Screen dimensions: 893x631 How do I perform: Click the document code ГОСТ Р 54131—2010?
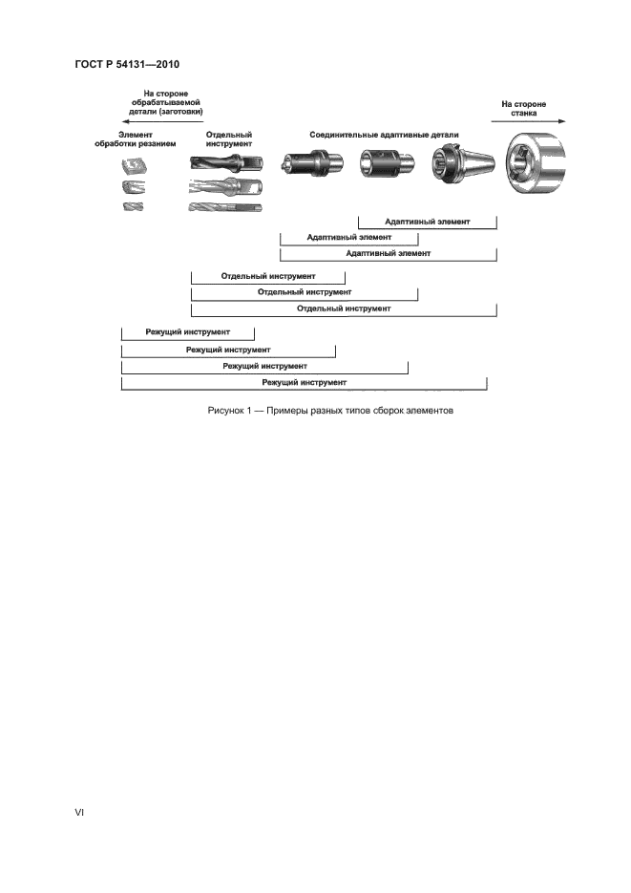pos(127,64)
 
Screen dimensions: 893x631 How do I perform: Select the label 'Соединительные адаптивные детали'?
pos(384,136)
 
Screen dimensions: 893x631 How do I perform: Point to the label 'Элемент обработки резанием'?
pos(135,139)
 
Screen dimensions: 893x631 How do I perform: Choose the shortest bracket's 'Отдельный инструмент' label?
pos(268,276)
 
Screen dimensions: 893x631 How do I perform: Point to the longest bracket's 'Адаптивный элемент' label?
pos(389,253)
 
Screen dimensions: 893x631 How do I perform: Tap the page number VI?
pos(80,812)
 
